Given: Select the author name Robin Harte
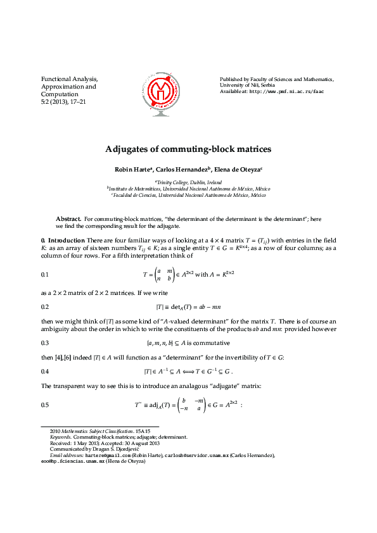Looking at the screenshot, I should coord(132,170).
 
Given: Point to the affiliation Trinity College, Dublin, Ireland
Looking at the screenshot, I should coord(189,182).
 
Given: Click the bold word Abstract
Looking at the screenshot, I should coord(68,218).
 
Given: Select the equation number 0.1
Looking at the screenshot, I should coord(45,275).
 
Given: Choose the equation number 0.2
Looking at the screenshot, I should coord(45,306).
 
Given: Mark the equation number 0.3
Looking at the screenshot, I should coord(45,342).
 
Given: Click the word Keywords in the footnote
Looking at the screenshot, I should coord(60,437).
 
